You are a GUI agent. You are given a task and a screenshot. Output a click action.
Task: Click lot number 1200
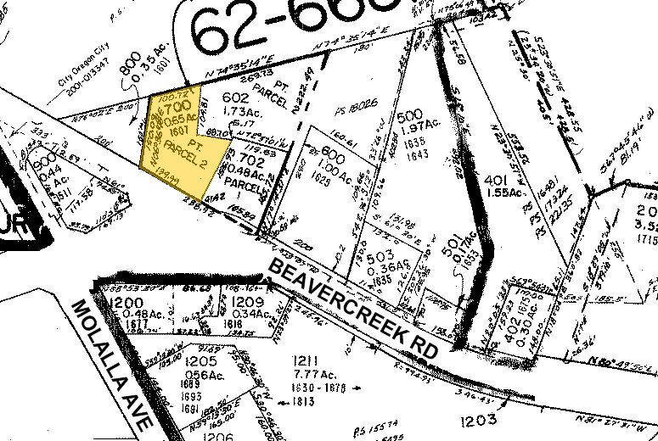click(125, 303)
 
